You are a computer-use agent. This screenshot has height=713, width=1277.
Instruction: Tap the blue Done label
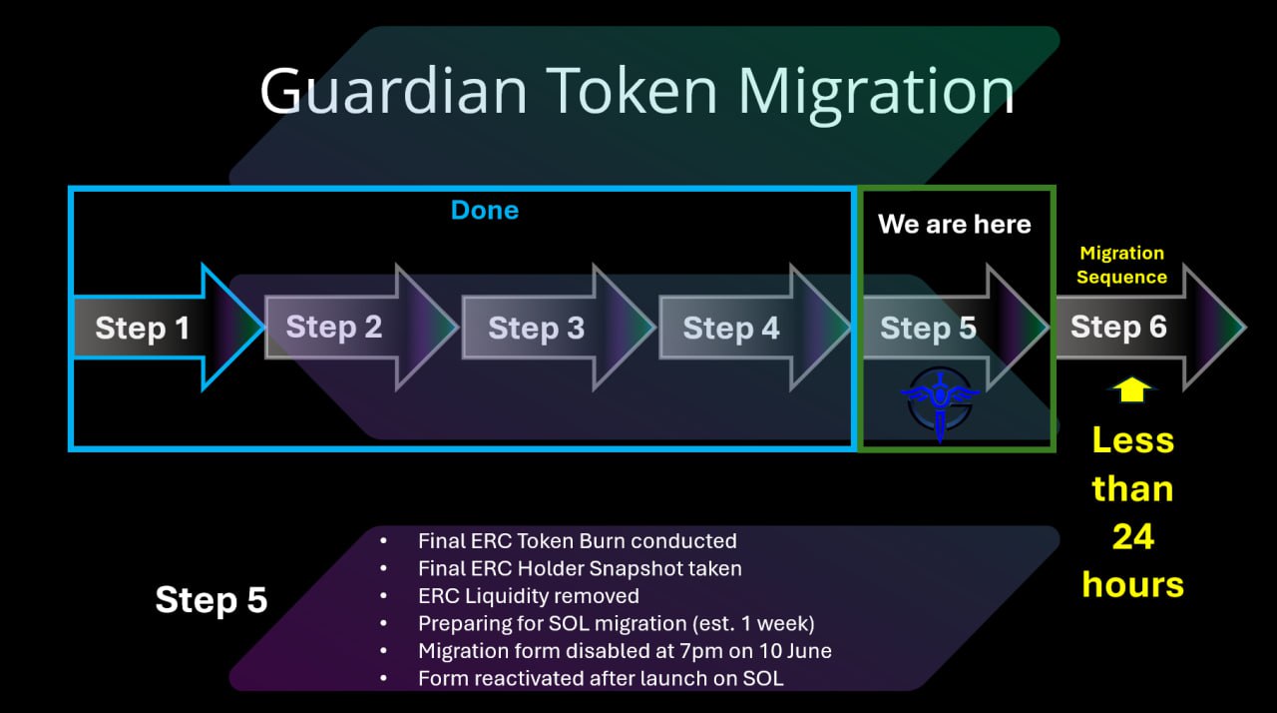pos(485,210)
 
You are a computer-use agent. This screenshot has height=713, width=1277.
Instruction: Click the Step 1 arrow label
pos(142,328)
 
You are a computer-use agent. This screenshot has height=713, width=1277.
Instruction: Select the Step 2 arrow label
pos(334,327)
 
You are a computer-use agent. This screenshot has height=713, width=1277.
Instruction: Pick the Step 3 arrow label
pos(536,328)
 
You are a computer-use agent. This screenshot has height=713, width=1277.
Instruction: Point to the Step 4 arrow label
pos(731,328)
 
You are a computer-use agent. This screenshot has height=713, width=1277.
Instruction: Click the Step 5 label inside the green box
pos(928,328)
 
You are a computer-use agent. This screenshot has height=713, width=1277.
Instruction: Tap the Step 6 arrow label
pos(1118,327)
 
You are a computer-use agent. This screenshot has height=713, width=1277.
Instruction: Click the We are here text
pos(954,225)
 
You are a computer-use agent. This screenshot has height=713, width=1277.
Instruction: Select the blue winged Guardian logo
pos(941,399)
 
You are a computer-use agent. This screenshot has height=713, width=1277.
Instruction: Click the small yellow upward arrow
pos(1132,389)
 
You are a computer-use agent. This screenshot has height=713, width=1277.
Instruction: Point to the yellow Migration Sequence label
pos(1122,266)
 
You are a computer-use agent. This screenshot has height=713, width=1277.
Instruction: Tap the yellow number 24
pos(1132,537)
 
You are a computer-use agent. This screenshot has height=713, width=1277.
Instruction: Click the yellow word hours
pos(1132,584)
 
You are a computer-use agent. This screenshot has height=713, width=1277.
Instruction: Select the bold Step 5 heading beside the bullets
pos(212,600)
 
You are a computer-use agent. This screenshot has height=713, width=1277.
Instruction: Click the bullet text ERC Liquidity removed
pos(529,596)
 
